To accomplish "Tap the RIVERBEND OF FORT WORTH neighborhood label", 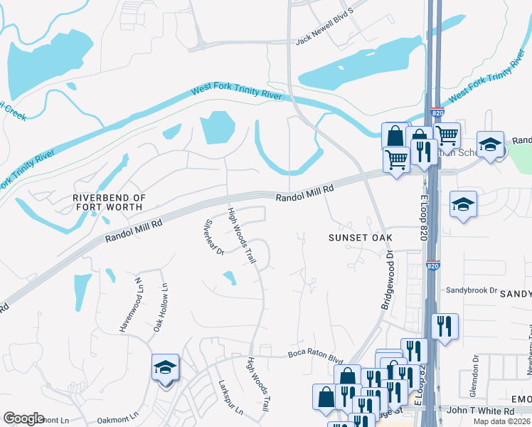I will click(109, 201).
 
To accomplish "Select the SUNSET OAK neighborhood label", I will click(361, 237).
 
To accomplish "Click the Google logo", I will click(23, 418).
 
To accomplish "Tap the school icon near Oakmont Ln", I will click(166, 369).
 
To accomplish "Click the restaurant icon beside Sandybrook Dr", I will click(445, 326).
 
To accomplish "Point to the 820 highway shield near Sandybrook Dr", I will click(433, 265).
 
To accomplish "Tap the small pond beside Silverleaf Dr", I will click(229, 278).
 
